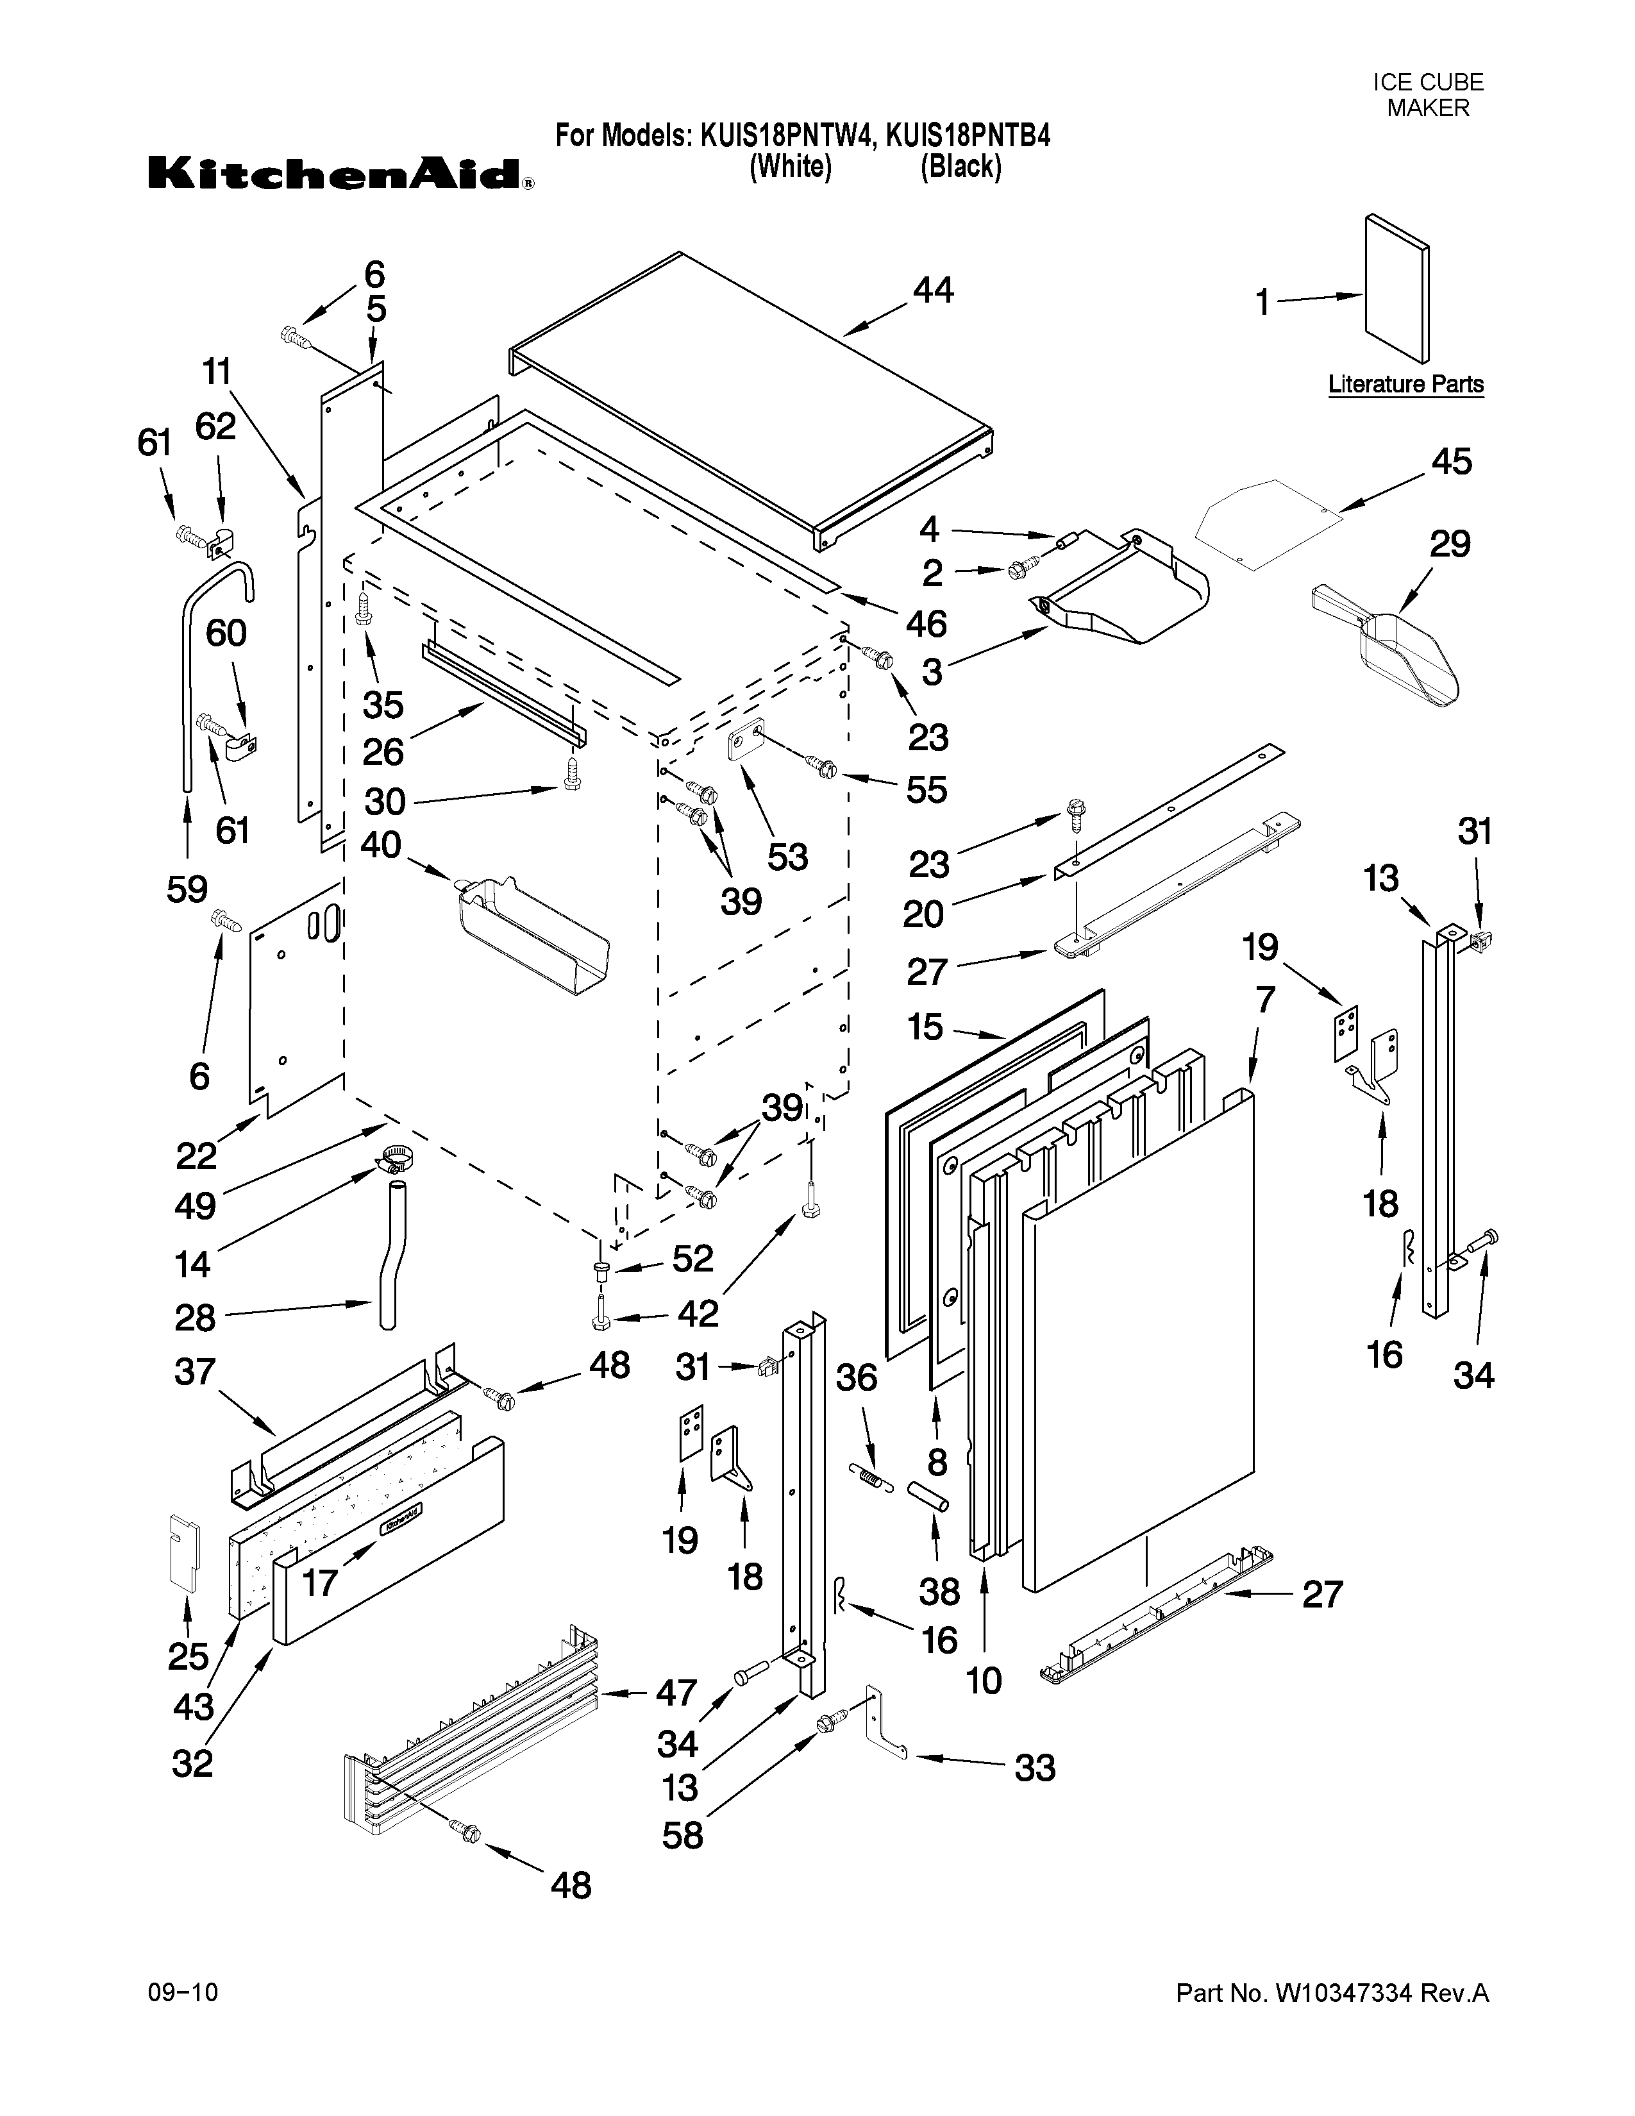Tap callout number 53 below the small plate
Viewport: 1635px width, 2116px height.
pos(787,857)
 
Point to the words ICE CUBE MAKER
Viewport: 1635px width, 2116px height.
pos(1428,95)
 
